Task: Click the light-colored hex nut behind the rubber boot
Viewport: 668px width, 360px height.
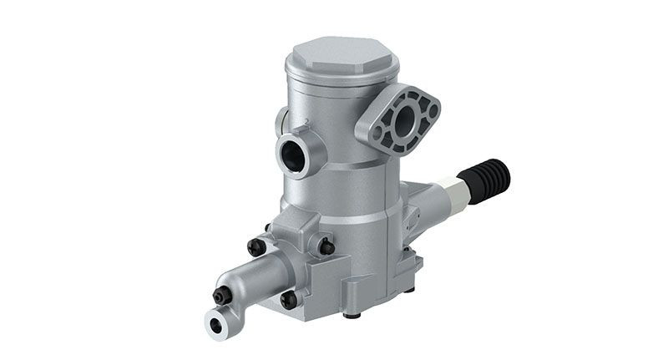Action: [455, 190]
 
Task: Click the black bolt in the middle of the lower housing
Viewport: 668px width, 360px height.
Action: [326, 246]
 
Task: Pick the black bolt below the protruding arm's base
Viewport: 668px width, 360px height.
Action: [289, 299]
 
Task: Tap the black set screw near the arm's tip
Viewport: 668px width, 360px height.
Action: [222, 295]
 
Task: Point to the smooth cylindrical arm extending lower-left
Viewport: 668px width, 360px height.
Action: [250, 280]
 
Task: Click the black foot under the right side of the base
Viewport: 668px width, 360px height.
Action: [409, 288]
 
